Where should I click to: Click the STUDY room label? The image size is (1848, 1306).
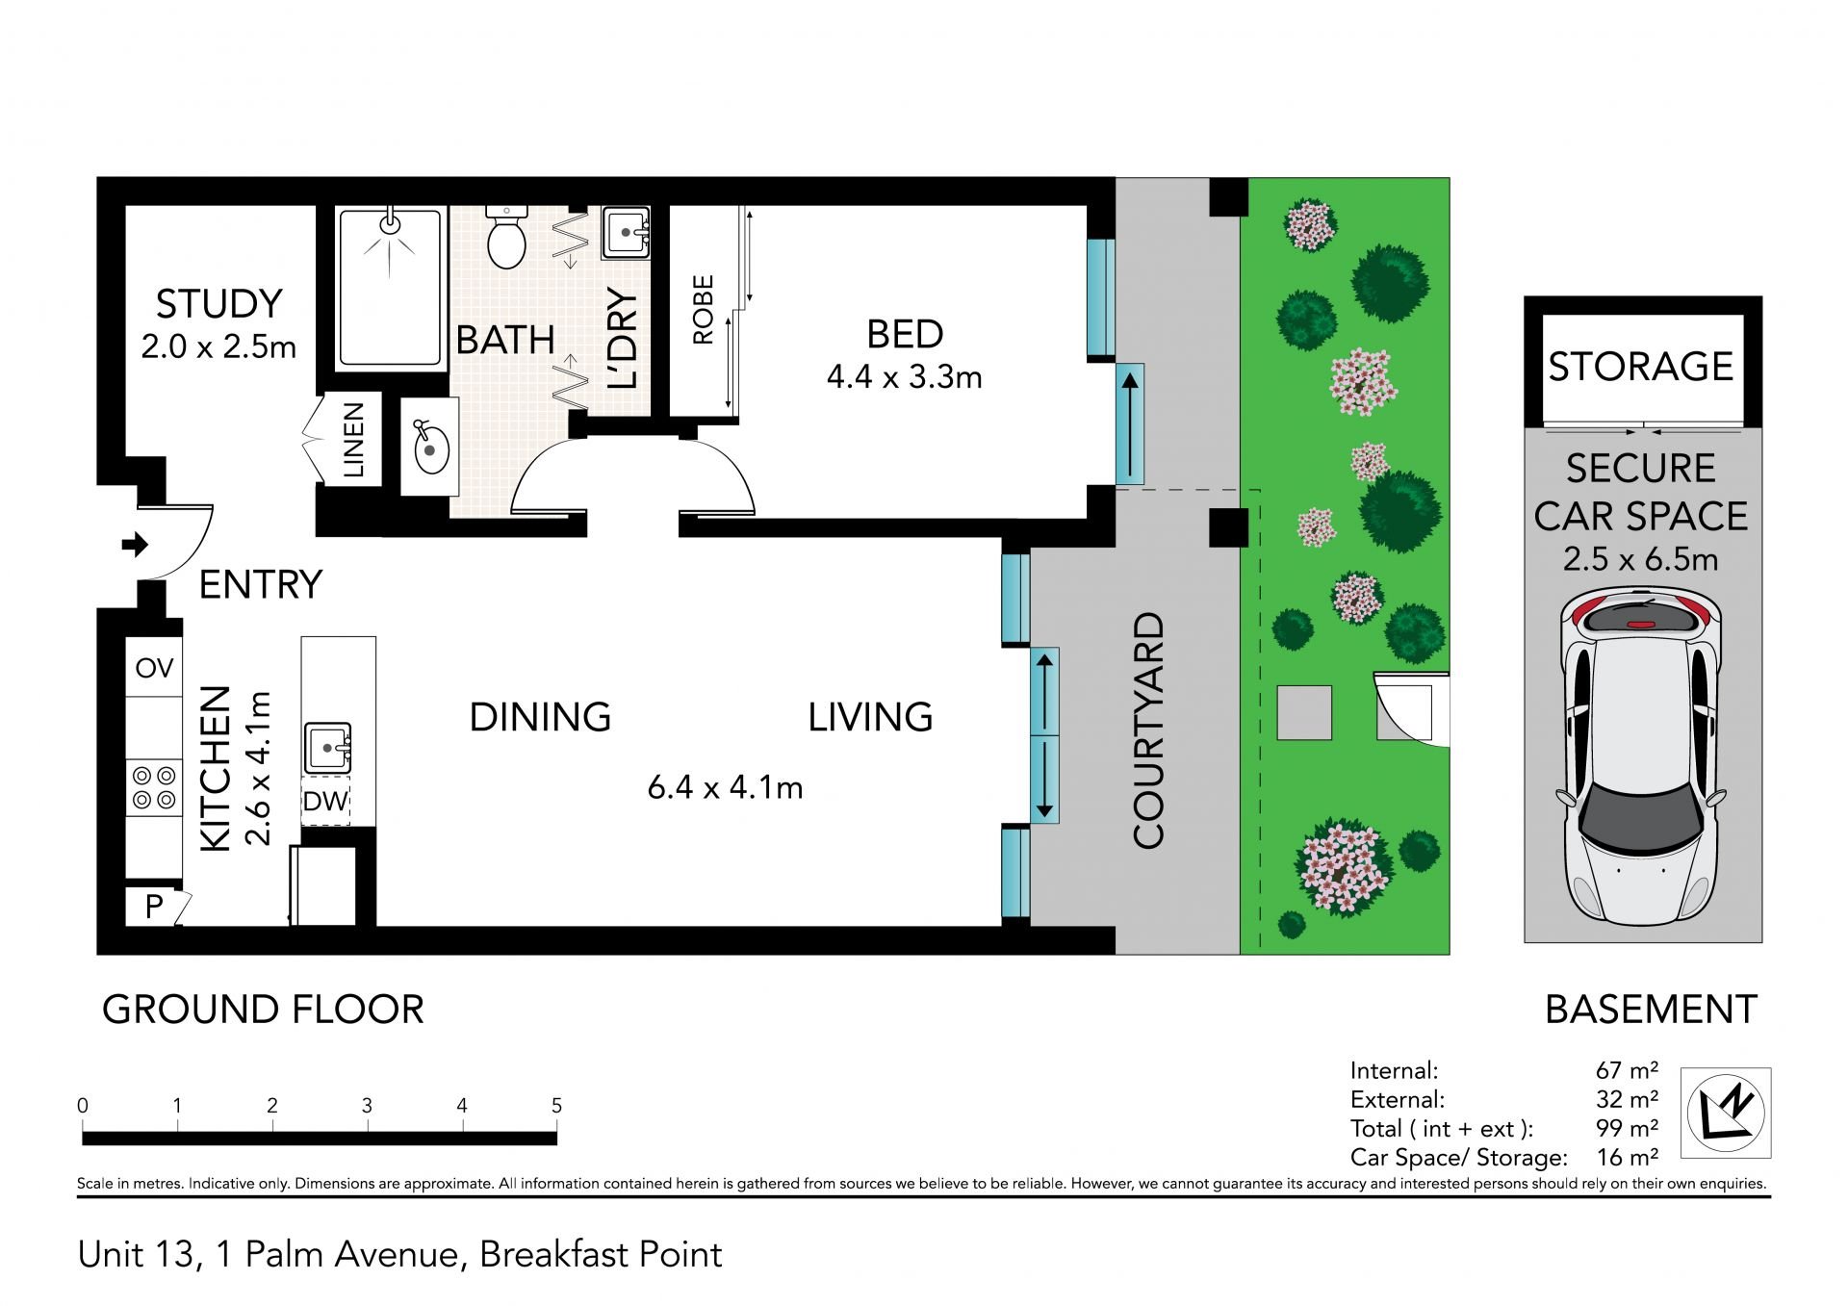pyautogui.click(x=218, y=304)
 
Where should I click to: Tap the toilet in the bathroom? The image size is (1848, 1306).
pyautogui.click(x=506, y=235)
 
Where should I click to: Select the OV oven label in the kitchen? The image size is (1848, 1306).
pyautogui.click(x=154, y=668)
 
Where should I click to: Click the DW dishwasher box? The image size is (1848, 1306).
pyautogui.click(x=325, y=801)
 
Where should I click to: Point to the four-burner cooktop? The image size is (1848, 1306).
pyautogui.click(x=154, y=786)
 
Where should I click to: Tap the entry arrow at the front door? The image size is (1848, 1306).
pyautogui.click(x=135, y=545)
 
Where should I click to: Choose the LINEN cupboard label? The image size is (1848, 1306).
pyautogui.click(x=353, y=440)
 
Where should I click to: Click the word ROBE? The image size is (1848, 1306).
pyautogui.click(x=703, y=310)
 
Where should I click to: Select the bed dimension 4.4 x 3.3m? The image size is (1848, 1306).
pyautogui.click(x=904, y=376)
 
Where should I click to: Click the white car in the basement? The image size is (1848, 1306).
pyautogui.click(x=1640, y=755)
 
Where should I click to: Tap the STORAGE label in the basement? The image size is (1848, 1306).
pyautogui.click(x=1640, y=366)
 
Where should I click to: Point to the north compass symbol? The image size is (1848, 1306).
pyautogui.click(x=1726, y=1113)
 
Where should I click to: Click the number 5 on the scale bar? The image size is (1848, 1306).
pyautogui.click(x=556, y=1106)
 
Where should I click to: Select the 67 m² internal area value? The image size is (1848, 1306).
pyautogui.click(x=1627, y=1070)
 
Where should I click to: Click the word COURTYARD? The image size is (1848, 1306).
pyautogui.click(x=1148, y=730)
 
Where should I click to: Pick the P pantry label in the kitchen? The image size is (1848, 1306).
pyautogui.click(x=153, y=906)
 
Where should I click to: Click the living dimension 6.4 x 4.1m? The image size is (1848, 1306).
pyautogui.click(x=725, y=787)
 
